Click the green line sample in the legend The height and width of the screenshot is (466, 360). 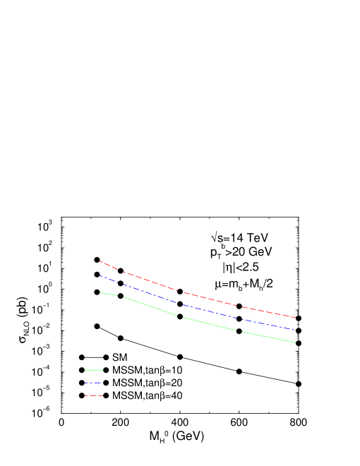pos(93,370)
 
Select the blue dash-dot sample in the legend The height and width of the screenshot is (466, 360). pos(93,383)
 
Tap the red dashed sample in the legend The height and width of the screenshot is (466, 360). pos(93,395)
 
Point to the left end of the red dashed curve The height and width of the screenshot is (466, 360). pos(100,261)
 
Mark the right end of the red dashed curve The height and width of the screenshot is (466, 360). pos(296,318)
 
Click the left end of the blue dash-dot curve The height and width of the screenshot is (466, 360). pos(100,275)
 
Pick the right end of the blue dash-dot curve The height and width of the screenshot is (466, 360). pos(296,330)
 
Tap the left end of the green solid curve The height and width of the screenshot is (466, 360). pos(100,292)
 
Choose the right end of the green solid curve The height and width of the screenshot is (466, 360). pos(296,342)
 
